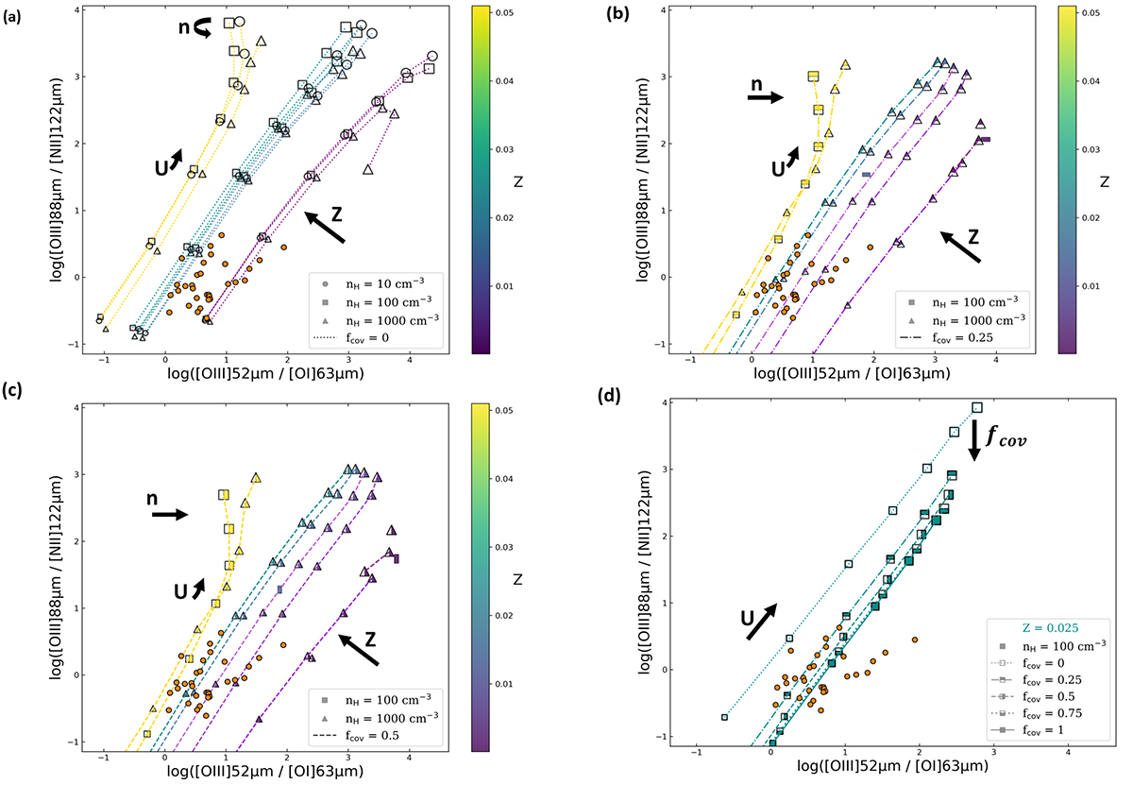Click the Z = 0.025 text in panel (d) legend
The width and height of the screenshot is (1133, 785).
1048,625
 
